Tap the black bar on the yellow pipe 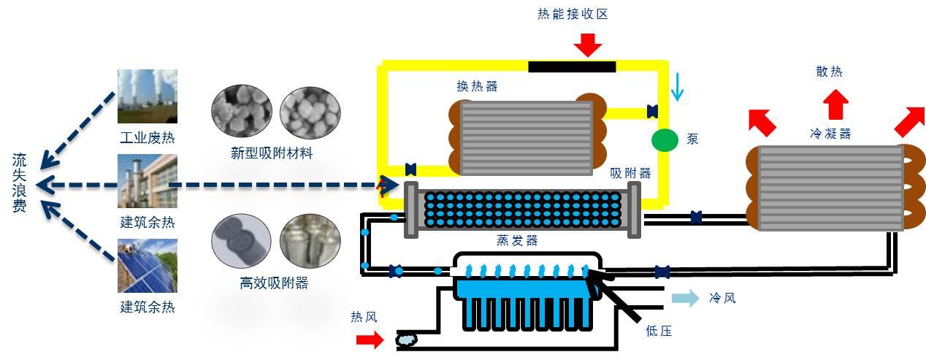[572, 67]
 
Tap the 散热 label [830, 72]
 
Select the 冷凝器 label [830, 134]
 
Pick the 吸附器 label [630, 173]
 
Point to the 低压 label [658, 331]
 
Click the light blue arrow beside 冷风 [684, 298]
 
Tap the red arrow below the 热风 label [370, 340]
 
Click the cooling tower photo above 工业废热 [147, 96]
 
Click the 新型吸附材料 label [271, 153]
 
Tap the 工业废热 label [148, 137]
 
